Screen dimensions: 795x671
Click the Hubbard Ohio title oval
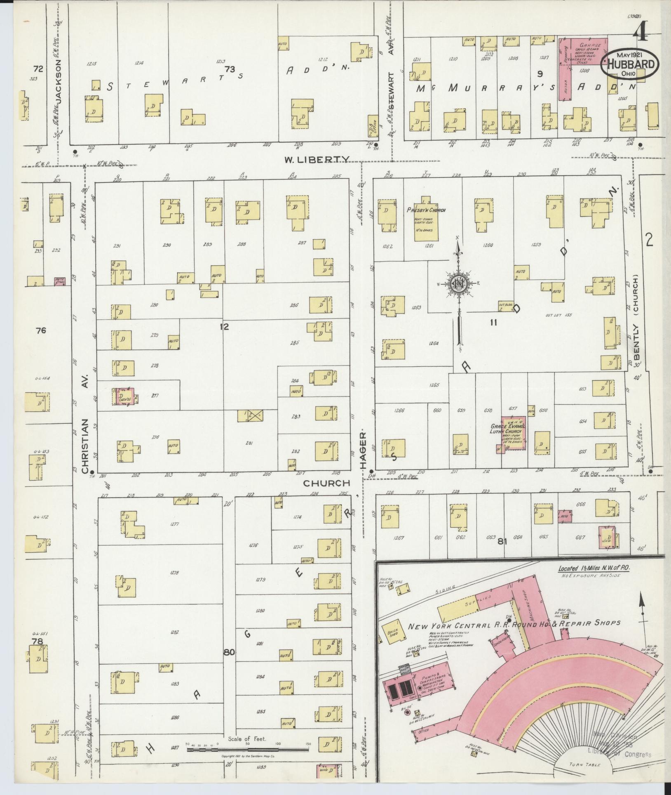tap(629, 64)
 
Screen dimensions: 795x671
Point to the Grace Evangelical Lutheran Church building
tap(513, 434)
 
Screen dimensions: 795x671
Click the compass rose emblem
tap(457, 283)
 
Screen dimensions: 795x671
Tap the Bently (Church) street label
tap(636, 315)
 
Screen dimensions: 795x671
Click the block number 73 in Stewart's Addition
tap(229, 69)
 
